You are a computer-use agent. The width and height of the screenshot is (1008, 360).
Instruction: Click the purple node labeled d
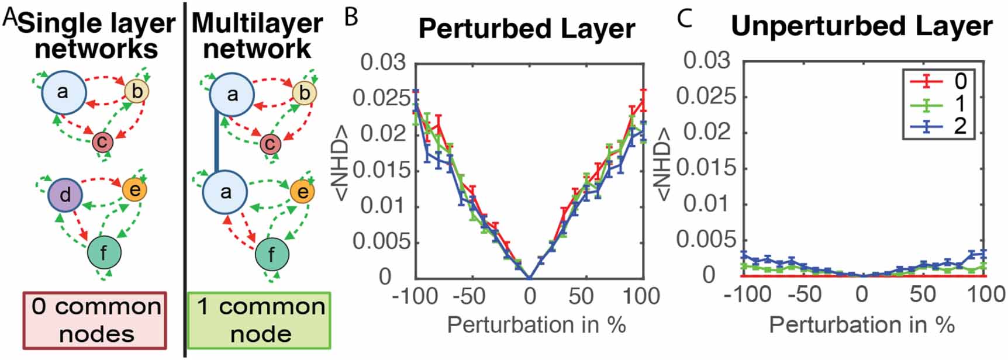(65, 194)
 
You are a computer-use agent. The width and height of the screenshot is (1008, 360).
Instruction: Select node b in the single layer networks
(137, 91)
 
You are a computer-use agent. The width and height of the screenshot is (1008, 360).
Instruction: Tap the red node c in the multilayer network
(270, 143)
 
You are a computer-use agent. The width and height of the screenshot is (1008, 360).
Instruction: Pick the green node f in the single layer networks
(104, 253)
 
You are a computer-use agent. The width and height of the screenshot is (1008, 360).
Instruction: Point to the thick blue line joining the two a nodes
(217, 143)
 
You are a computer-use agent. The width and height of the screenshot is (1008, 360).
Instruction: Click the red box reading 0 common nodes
(95, 320)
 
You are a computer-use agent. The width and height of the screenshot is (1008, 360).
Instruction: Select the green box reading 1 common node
(259, 320)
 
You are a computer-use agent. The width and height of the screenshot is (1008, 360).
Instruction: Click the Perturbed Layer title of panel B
(526, 29)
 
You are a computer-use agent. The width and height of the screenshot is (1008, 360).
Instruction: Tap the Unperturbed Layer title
(861, 26)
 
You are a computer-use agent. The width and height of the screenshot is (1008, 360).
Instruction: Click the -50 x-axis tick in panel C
(804, 294)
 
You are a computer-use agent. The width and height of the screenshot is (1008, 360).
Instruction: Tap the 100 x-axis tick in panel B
(641, 296)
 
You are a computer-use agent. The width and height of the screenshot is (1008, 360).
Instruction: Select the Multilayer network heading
(257, 36)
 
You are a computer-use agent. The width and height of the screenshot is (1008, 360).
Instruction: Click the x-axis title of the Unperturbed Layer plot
(862, 324)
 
